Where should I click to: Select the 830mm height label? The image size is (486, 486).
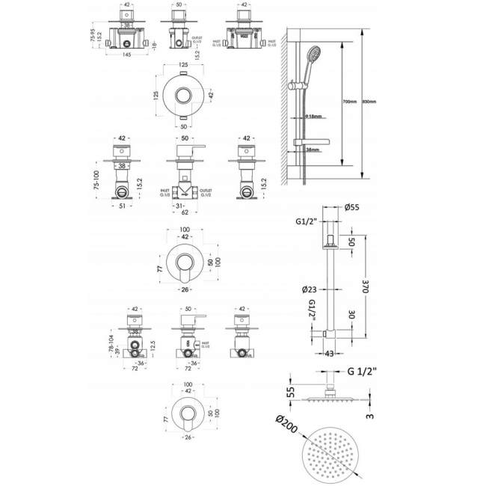tap(369, 102)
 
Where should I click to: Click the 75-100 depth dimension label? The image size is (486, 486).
tap(94, 181)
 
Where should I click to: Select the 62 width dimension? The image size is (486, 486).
tap(185, 212)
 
